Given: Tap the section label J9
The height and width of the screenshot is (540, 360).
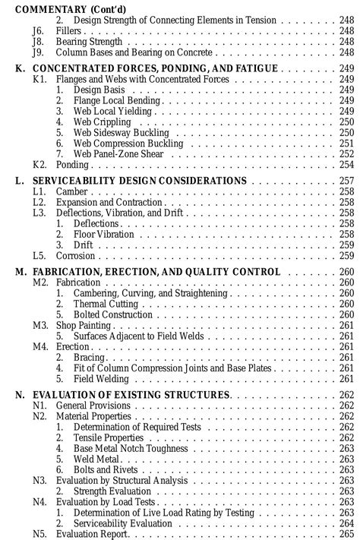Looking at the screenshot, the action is coord(39,52).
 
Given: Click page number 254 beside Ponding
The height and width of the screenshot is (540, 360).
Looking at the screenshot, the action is coord(347,164).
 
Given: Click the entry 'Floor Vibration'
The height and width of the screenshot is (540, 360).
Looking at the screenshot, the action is coord(103,235).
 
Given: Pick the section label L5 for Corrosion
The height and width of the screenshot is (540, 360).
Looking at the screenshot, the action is coord(40,256).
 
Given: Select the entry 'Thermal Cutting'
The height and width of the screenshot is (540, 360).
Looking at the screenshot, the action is coord(106,304).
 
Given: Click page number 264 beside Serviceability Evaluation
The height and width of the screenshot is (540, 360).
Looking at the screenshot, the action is coord(347,523).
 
